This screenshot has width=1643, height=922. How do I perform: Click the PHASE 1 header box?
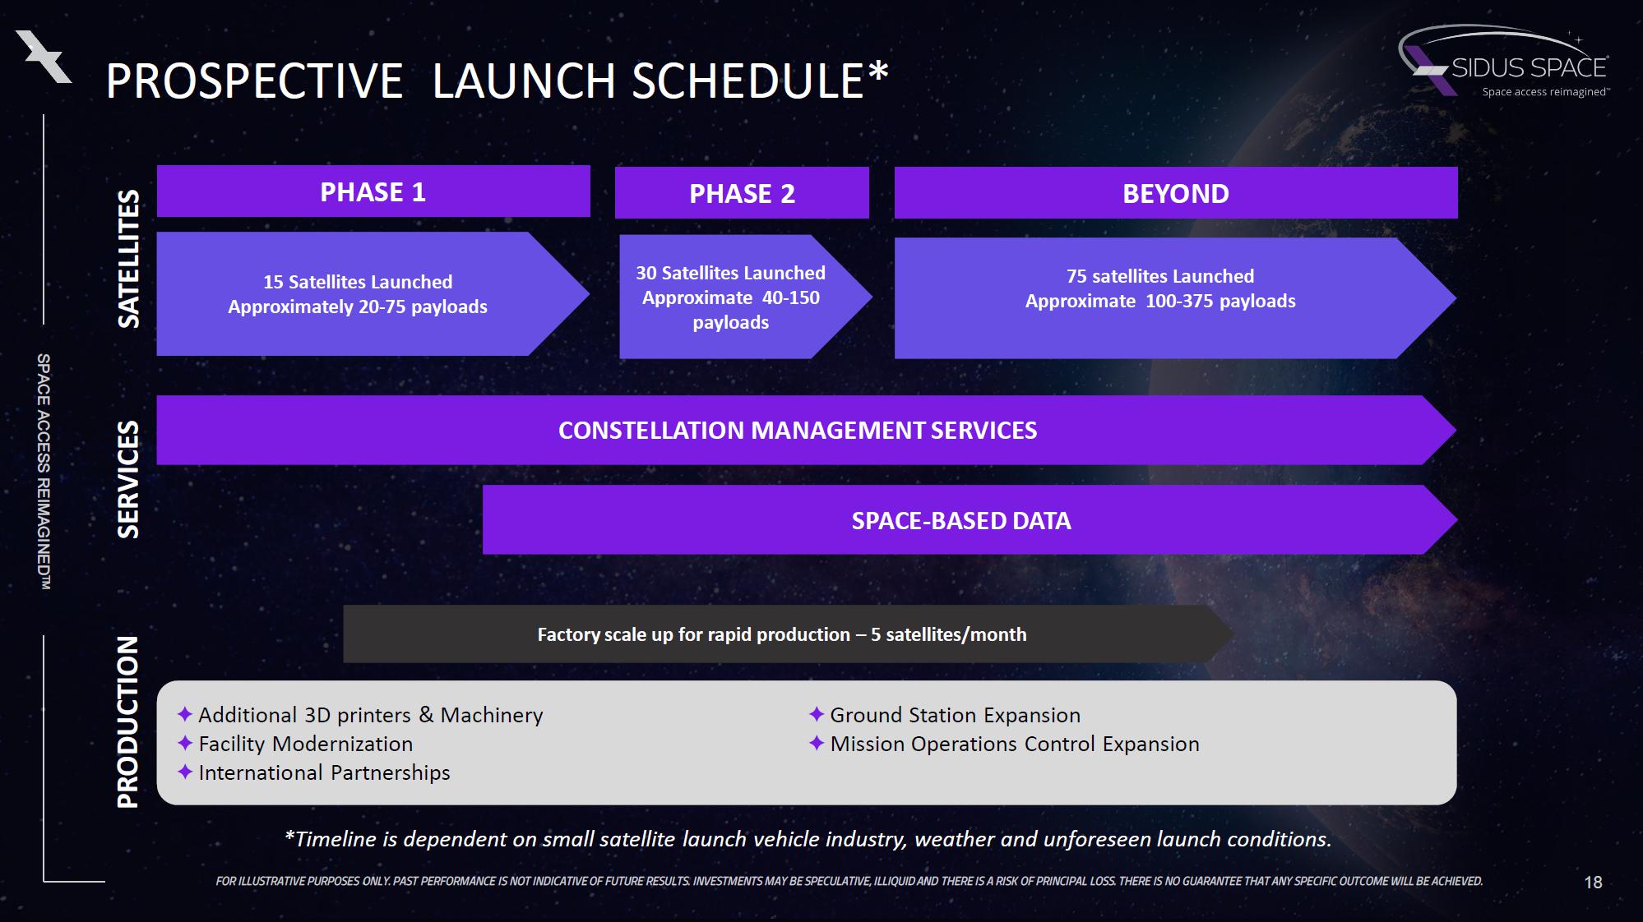point(373,191)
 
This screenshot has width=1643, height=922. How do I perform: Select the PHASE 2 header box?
point(742,193)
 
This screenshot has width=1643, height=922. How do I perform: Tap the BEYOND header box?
point(1176,193)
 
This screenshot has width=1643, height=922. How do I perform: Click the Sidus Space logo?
point(1505,62)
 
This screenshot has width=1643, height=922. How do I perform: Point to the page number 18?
point(1593,883)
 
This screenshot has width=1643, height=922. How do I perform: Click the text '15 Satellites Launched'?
point(358,282)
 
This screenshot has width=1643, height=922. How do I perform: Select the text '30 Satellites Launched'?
point(730,273)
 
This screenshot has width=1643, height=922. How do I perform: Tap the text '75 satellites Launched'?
point(1160,276)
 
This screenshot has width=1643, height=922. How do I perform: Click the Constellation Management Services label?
point(798,430)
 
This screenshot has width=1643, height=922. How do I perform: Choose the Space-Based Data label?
point(961,520)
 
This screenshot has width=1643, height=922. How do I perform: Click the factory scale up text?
point(782,634)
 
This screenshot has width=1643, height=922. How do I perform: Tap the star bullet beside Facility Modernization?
point(185,743)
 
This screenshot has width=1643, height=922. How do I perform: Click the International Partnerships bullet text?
point(324,772)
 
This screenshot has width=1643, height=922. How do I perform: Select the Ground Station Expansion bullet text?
point(956,715)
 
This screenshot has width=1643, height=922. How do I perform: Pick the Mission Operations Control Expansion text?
point(1015,744)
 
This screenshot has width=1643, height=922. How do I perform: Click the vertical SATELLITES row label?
point(128,259)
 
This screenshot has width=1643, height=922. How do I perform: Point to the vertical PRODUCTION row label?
point(128,721)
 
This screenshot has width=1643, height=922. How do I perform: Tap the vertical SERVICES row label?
point(128,479)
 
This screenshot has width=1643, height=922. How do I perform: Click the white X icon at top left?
point(44,56)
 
